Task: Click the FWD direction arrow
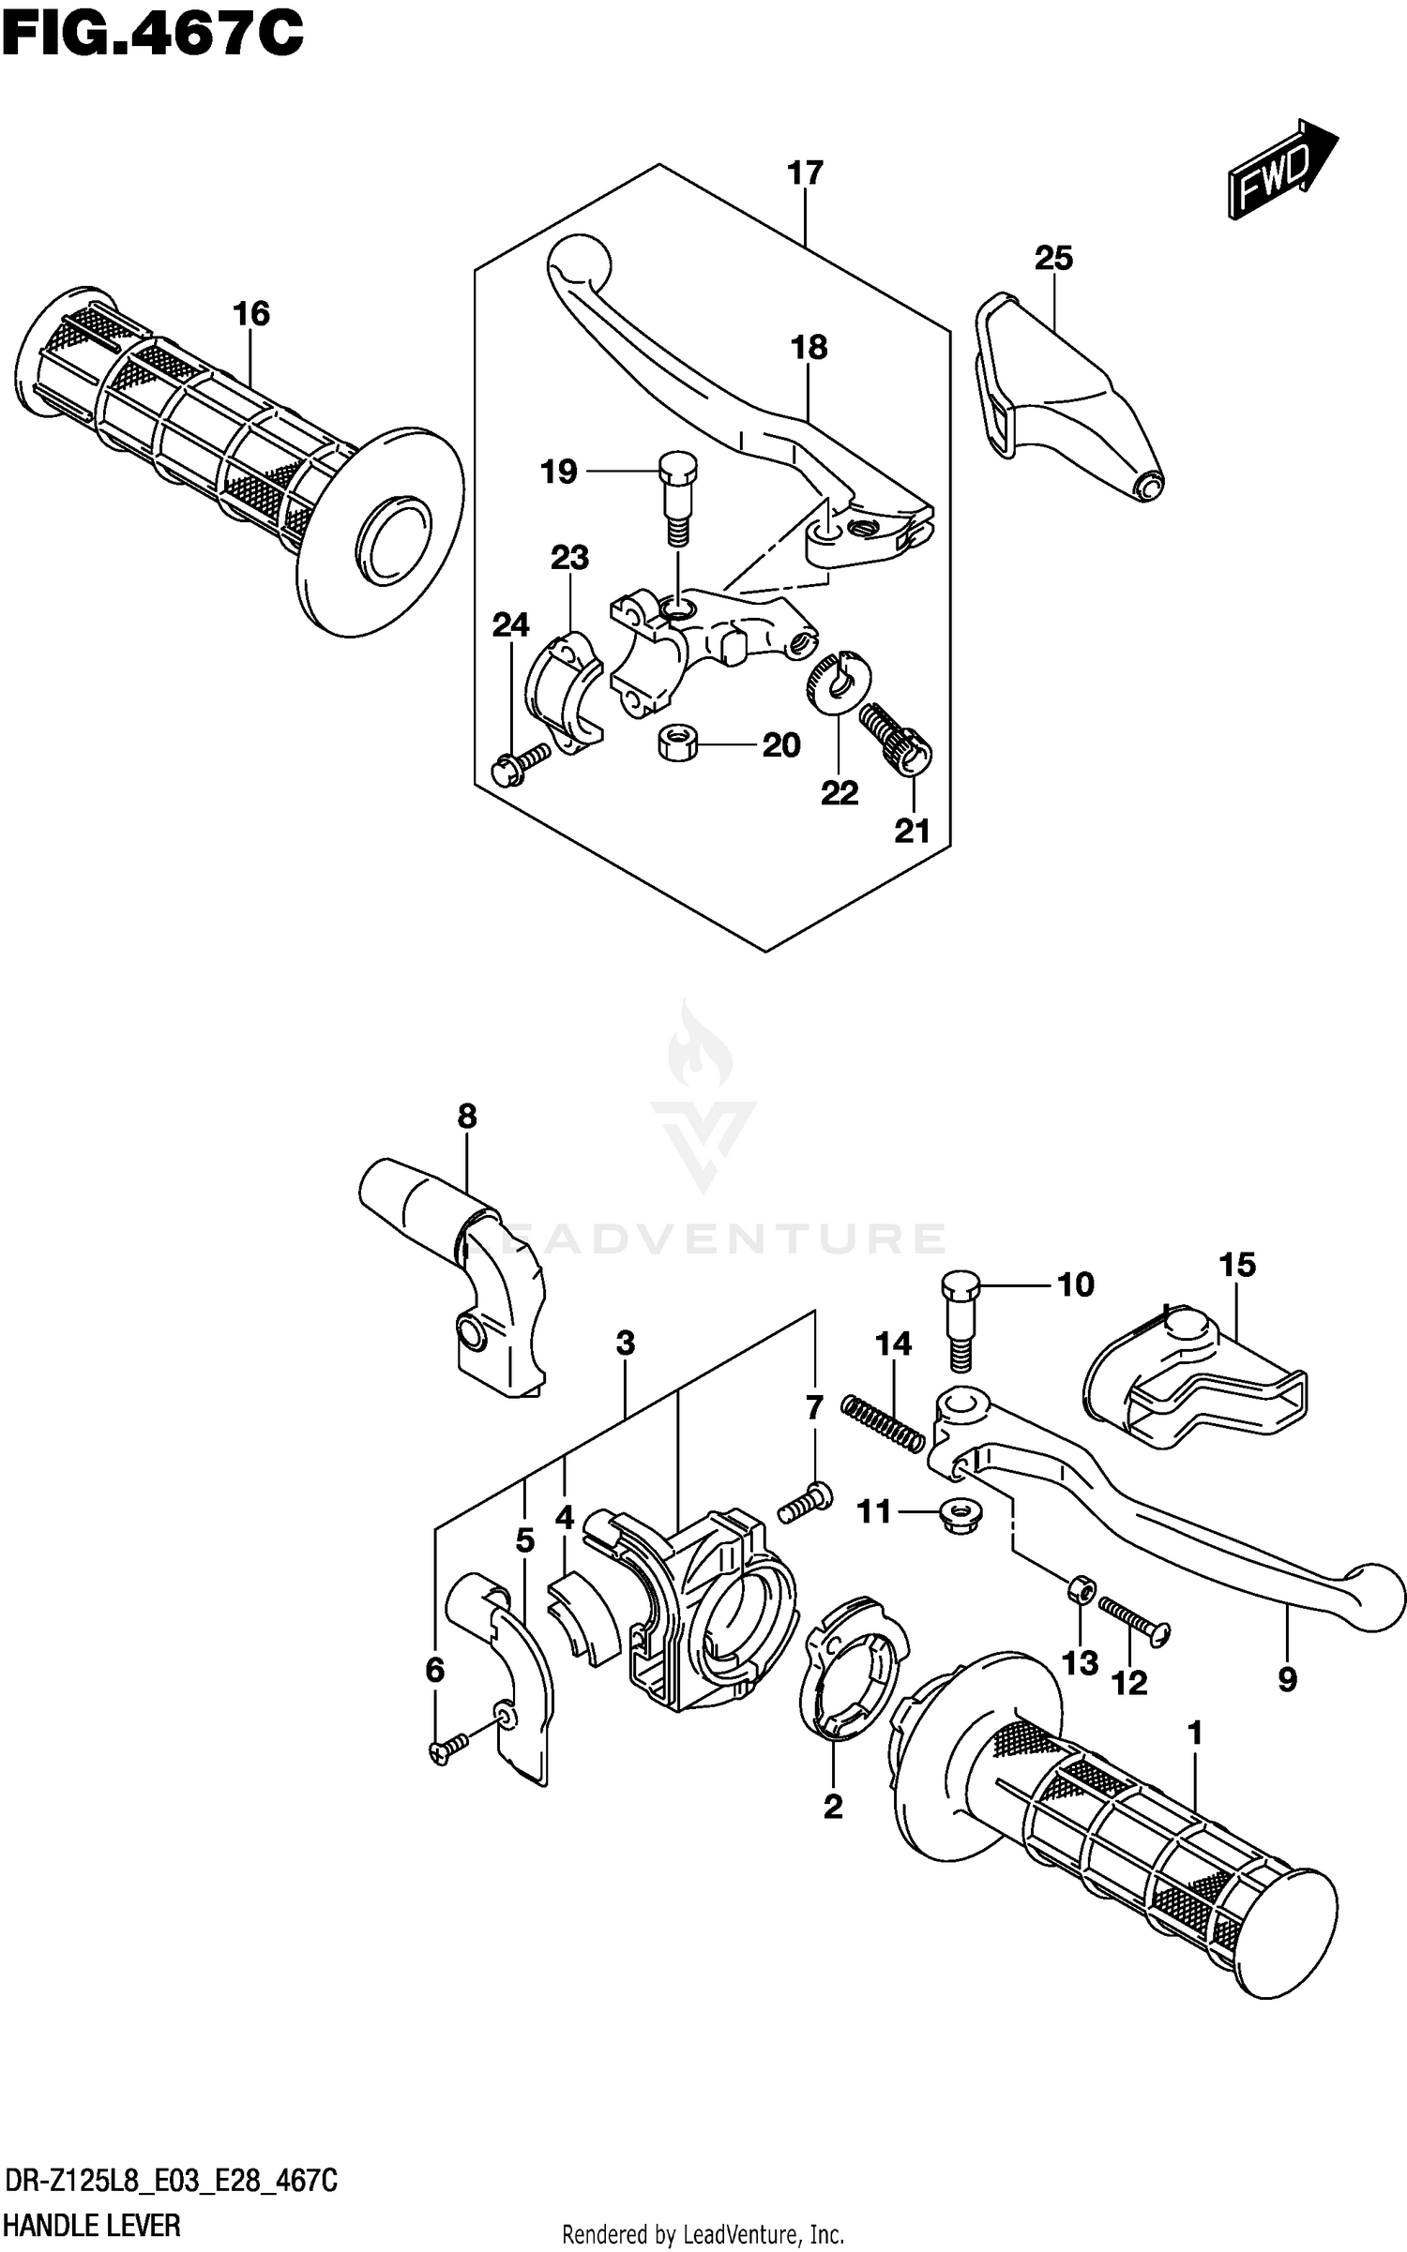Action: (1280, 170)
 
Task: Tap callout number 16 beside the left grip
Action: (251, 313)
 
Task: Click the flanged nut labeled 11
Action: (951, 1510)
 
